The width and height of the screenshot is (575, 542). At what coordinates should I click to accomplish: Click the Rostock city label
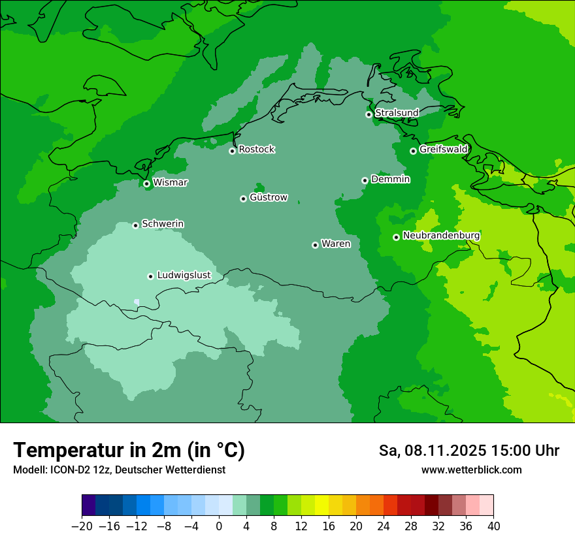coord(256,150)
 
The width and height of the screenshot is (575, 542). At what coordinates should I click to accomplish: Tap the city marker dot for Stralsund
coord(369,114)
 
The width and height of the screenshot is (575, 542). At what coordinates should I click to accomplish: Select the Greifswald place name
coord(443,150)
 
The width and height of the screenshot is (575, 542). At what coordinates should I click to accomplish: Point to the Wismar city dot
coord(146,183)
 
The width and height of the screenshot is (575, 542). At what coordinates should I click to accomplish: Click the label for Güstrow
coord(268,197)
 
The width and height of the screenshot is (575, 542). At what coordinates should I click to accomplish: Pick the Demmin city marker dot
coord(365,180)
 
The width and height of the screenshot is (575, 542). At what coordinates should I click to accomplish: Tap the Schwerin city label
coord(163,224)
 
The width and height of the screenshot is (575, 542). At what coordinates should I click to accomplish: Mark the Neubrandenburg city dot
coord(396,237)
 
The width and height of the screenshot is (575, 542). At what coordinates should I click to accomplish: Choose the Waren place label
coord(336,244)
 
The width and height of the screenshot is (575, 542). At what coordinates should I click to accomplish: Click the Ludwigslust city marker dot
coord(150,276)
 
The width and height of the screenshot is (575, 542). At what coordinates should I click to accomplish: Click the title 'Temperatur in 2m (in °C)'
coord(129,450)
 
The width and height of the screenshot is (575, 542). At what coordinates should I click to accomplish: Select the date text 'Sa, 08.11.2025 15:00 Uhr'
coord(468,451)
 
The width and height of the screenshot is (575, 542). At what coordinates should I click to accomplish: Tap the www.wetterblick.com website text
coord(471,470)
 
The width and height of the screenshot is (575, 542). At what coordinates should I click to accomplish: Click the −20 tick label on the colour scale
coord(82,526)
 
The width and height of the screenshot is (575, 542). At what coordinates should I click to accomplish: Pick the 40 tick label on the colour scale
coord(493,526)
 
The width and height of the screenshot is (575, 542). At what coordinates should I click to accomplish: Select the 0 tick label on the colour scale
coord(219,526)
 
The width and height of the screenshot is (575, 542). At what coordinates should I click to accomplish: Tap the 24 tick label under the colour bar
coord(384,526)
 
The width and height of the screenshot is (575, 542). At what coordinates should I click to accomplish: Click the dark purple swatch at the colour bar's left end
coord(89,505)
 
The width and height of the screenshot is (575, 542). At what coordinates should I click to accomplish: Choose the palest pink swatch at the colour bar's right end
coord(487,505)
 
